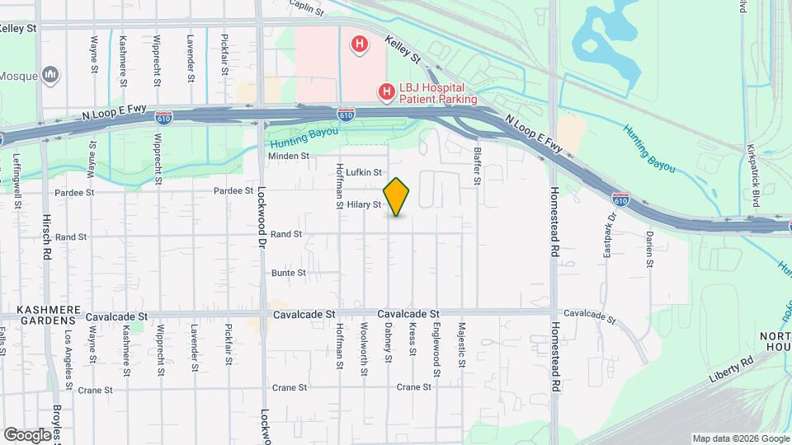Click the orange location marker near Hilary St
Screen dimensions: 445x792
point(397,196)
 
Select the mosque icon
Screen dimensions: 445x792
point(51,76)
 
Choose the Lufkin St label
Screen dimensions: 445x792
point(364,172)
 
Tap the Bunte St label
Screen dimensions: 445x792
point(289,273)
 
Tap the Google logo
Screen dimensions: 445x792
point(28,434)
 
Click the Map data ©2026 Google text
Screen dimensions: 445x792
point(739,438)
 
